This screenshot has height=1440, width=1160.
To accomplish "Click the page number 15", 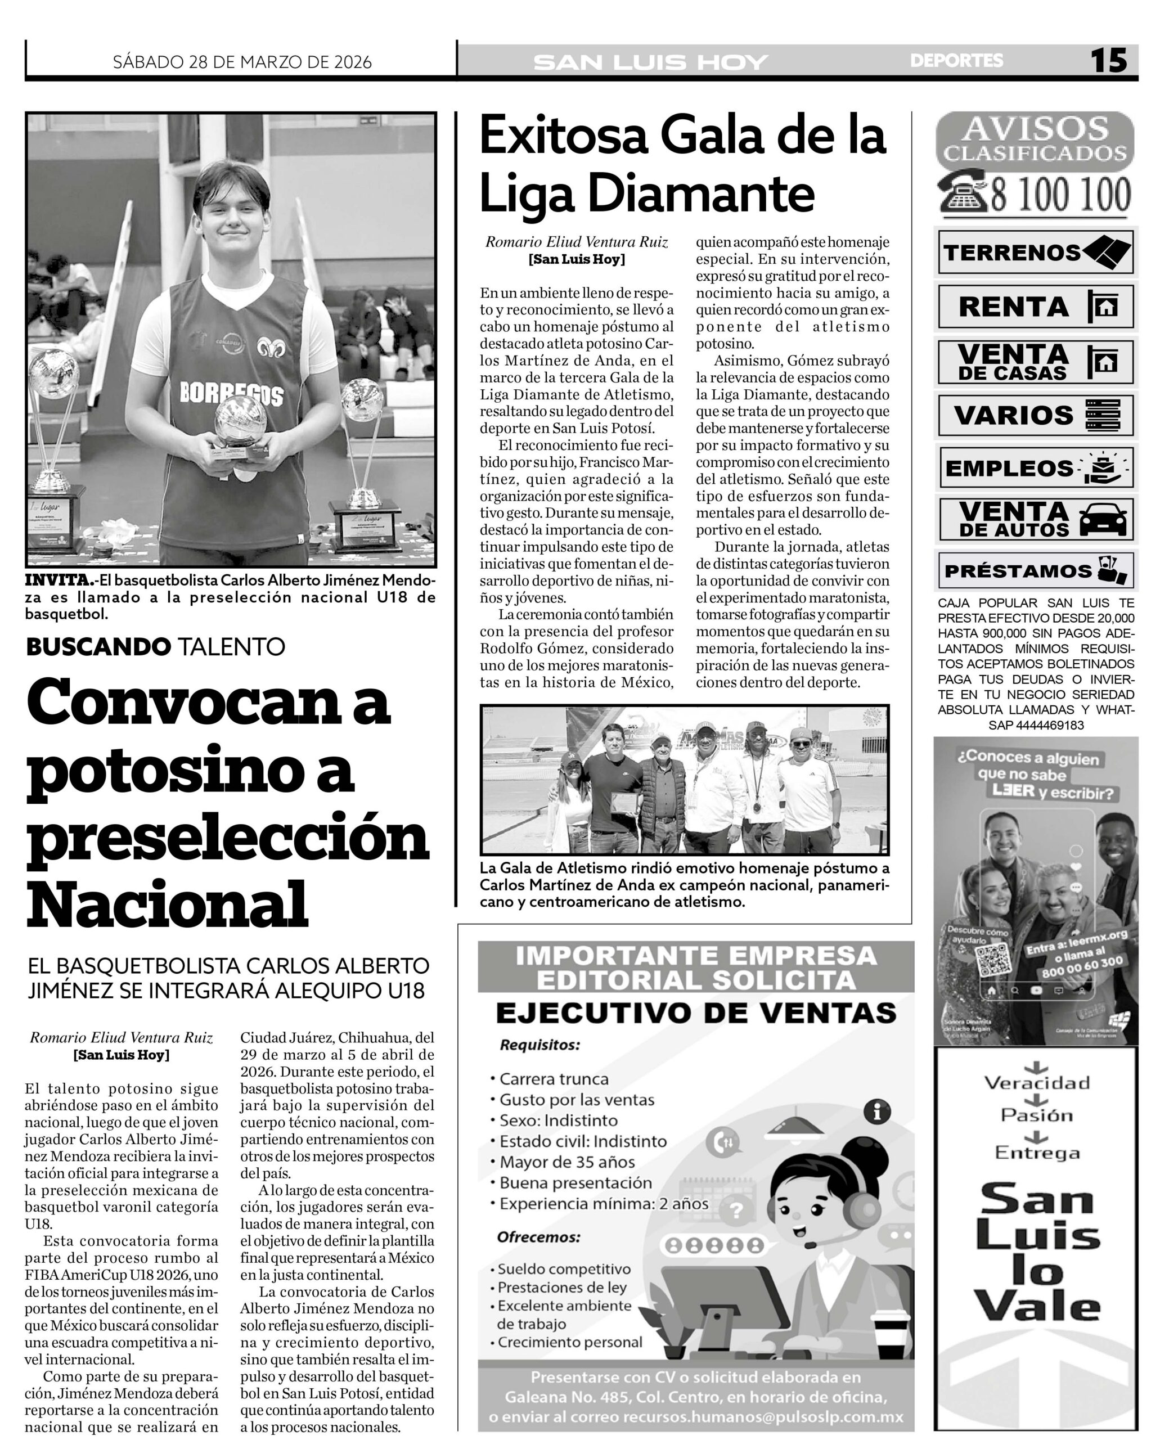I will pyautogui.click(x=1109, y=61).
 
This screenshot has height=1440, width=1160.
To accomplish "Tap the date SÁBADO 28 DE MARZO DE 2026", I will pyautogui.click(x=242, y=62).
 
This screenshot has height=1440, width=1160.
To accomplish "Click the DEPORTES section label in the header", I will pyautogui.click(x=956, y=61).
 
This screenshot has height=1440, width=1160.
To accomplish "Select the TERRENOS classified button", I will pyautogui.click(x=1035, y=252).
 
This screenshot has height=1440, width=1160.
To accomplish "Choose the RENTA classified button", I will pyautogui.click(x=1035, y=307).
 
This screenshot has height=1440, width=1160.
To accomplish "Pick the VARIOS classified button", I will pyautogui.click(x=1035, y=415).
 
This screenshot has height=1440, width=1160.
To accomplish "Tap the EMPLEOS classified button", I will pyautogui.click(x=1035, y=468).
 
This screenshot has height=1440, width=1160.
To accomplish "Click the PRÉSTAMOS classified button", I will pyautogui.click(x=1035, y=570).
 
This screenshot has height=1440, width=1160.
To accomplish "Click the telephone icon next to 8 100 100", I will pyautogui.click(x=963, y=192).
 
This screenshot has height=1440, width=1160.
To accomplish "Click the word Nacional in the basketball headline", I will pyautogui.click(x=167, y=902).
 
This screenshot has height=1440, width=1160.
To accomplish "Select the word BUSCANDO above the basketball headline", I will pyautogui.click(x=97, y=646).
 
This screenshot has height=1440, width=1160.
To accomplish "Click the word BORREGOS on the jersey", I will pyautogui.click(x=231, y=394).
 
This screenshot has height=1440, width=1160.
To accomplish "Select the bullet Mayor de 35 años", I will pyautogui.click(x=566, y=1162).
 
